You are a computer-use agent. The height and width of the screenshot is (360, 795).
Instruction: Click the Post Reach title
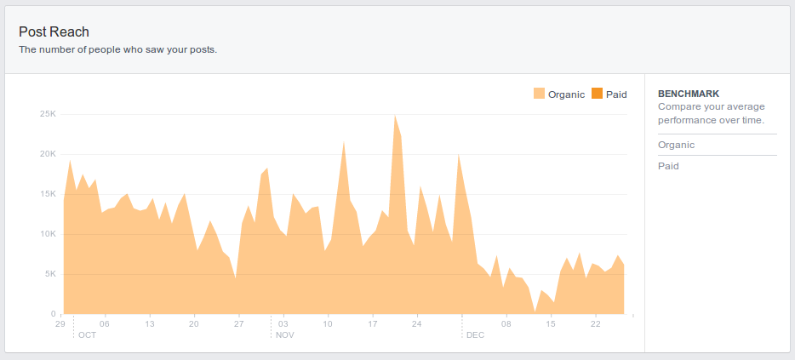pos(54,32)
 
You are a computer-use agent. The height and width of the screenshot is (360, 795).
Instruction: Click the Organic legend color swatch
pos(539,94)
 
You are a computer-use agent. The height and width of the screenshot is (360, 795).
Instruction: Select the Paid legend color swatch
pos(597,94)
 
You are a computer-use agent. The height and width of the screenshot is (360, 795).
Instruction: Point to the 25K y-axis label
pos(48,114)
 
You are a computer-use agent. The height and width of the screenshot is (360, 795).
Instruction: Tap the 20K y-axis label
pos(48,154)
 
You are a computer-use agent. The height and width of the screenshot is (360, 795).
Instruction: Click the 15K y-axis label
pos(48,194)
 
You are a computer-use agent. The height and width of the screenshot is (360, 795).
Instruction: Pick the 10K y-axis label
pos(48,234)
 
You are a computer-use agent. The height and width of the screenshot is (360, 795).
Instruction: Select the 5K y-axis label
pos(50,274)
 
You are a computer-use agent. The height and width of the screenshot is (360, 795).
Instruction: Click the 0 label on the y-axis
pos(54,314)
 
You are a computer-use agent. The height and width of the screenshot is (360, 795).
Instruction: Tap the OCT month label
pos(87,335)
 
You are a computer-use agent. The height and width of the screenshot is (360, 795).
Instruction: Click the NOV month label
pos(285,335)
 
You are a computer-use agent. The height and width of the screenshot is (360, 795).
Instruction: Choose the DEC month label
pos(475,335)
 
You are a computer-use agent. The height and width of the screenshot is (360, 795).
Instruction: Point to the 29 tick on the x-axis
pos(60,323)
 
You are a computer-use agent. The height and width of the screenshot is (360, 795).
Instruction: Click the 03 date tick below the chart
pos(283,323)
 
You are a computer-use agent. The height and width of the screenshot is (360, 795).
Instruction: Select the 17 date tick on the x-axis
pos(372,323)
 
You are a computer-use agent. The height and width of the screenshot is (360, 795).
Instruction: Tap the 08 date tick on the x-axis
pos(506,323)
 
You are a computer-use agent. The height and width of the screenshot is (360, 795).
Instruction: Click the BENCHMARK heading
pos(689,94)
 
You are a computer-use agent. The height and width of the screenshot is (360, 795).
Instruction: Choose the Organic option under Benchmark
pos(676,145)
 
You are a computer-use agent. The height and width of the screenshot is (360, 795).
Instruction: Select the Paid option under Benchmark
pos(668,166)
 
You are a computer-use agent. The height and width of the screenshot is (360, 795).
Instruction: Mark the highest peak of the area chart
pos(395,115)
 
